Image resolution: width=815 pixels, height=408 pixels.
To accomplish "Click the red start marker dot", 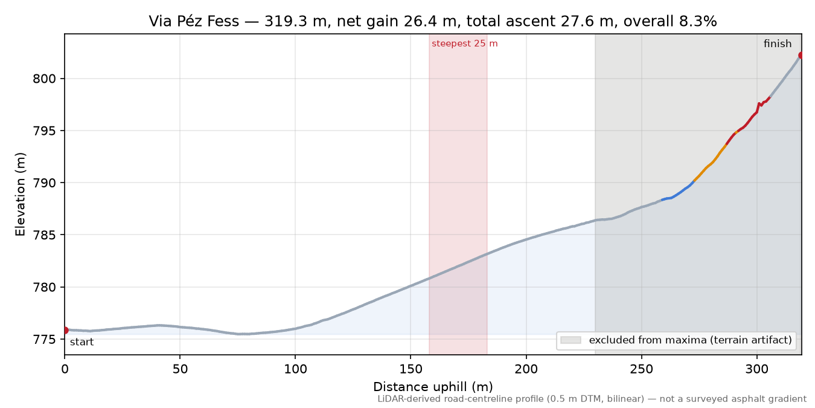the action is [65, 331].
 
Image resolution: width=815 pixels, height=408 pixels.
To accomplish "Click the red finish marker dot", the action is [801, 56].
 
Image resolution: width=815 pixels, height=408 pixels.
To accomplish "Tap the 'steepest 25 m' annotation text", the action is [465, 44].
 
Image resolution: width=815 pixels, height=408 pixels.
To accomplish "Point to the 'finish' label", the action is [778, 44].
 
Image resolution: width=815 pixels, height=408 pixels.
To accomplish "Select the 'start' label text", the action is [82, 342].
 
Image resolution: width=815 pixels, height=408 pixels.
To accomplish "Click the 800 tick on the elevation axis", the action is [45, 79].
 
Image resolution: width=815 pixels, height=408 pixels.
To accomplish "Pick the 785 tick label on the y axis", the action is [45, 235].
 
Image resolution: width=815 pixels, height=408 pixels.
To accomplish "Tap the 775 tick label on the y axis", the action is [45, 340].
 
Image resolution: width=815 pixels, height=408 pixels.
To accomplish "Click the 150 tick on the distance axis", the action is [411, 369].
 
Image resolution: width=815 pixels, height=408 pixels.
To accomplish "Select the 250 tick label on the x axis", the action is [642, 369].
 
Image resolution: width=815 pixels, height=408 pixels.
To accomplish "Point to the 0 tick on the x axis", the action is [65, 369].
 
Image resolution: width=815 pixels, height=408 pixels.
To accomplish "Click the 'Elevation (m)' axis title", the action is [21, 194].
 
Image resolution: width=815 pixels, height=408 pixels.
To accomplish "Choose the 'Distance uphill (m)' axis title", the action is [433, 387].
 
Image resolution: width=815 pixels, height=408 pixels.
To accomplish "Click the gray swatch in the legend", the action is [570, 340].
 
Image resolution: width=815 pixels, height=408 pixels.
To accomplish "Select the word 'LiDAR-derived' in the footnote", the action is [407, 400].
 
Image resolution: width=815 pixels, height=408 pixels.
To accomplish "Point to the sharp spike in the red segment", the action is [759, 104].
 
